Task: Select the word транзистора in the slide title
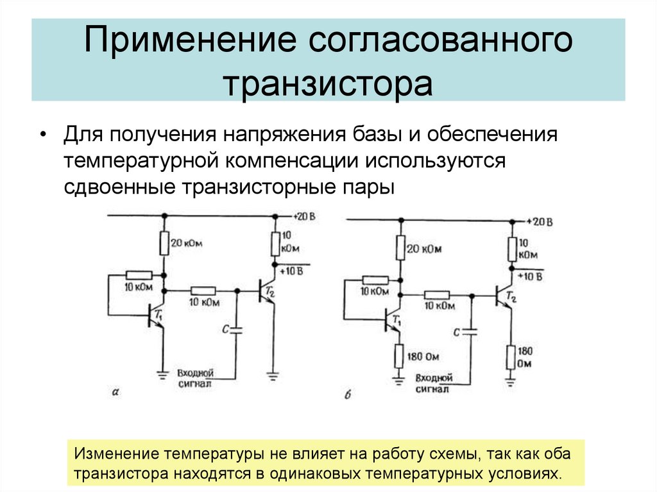click(328, 84)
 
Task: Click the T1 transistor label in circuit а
click(159, 314)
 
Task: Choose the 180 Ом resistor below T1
click(398, 355)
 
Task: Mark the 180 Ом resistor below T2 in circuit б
click(511, 357)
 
